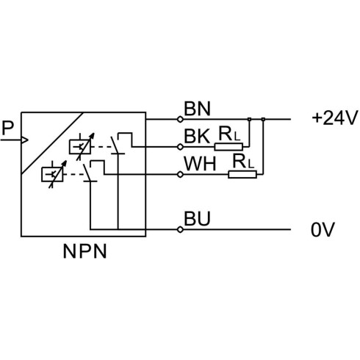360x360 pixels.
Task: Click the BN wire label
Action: pyautogui.click(x=197, y=109)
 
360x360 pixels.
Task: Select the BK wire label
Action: pyautogui.click(x=197, y=136)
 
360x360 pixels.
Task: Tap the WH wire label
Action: pyautogui.click(x=200, y=164)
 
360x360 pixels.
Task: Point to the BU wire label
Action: pyautogui.click(x=197, y=219)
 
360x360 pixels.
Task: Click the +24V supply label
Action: pyautogui.click(x=334, y=118)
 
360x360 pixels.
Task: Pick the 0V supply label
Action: pyautogui.click(x=323, y=230)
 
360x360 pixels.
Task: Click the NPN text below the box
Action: pyautogui.click(x=84, y=251)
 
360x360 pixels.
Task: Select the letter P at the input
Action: pyautogui.click(x=7, y=128)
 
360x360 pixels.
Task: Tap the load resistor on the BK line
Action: pyautogui.click(x=228, y=147)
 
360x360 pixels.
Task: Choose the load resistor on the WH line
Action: pyautogui.click(x=242, y=175)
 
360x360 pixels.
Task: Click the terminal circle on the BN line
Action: pyautogui.click(x=180, y=120)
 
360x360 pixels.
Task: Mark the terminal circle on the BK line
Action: pyautogui.click(x=180, y=147)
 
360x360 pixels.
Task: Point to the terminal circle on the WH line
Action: pyautogui.click(x=180, y=175)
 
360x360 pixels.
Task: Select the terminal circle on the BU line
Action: pyautogui.click(x=180, y=230)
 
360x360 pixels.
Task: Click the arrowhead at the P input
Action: pyautogui.click(x=25, y=140)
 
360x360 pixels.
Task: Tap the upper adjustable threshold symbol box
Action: pyautogui.click(x=80, y=147)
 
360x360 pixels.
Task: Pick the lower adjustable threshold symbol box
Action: pyautogui.click(x=52, y=174)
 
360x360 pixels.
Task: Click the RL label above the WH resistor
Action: pyautogui.click(x=243, y=162)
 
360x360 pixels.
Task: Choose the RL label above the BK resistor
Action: pyautogui.click(x=229, y=134)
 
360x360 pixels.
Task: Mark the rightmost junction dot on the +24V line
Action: pyautogui.click(x=263, y=119)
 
